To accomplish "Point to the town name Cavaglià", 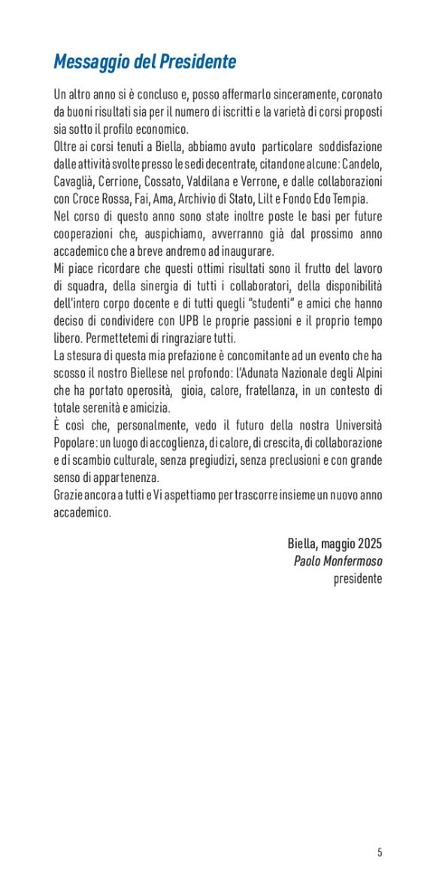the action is (x=76, y=181).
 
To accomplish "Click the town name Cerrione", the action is (x=131, y=181).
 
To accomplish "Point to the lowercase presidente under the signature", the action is (x=358, y=579).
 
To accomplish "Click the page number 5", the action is (x=380, y=852).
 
